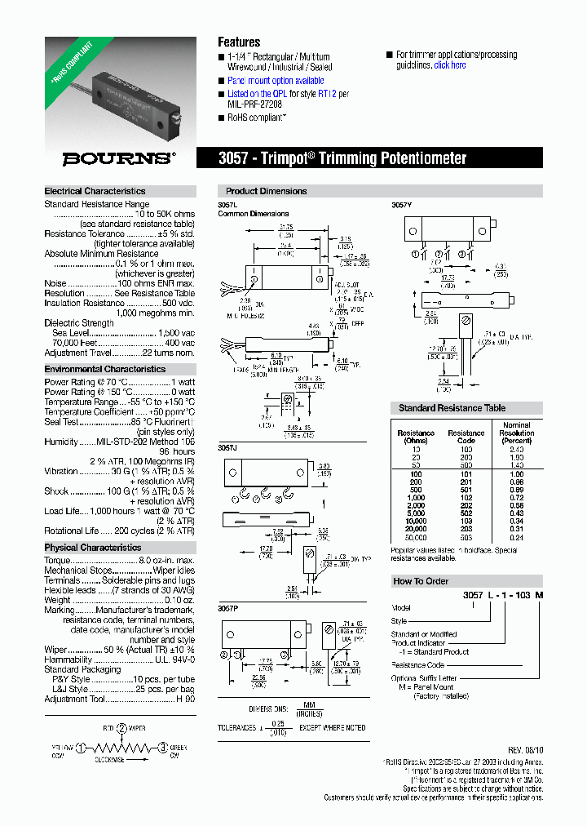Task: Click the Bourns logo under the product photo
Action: pyautogui.click(x=119, y=158)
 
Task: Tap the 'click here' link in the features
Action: pyautogui.click(x=450, y=65)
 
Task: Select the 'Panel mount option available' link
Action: pyautogui.click(x=276, y=81)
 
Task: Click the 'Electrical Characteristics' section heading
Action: pyautogui.click(x=95, y=191)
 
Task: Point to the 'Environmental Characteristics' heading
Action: pyautogui.click(x=105, y=369)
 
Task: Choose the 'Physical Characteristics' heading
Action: pyautogui.click(x=93, y=548)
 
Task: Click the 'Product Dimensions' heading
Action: pyautogui.click(x=267, y=191)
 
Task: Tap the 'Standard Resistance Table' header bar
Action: pyautogui.click(x=452, y=408)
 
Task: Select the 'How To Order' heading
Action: pyautogui.click(x=421, y=581)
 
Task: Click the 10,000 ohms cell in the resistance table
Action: pyautogui.click(x=416, y=520)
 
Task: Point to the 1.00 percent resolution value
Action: pyautogui.click(x=516, y=473)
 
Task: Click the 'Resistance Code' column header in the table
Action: pyautogui.click(x=466, y=437)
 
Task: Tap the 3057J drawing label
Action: pyautogui.click(x=228, y=448)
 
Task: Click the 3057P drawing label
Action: pyautogui.click(x=228, y=609)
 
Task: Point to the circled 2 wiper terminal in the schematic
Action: pyautogui.click(x=121, y=727)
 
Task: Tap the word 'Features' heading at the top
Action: pyautogui.click(x=239, y=42)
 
